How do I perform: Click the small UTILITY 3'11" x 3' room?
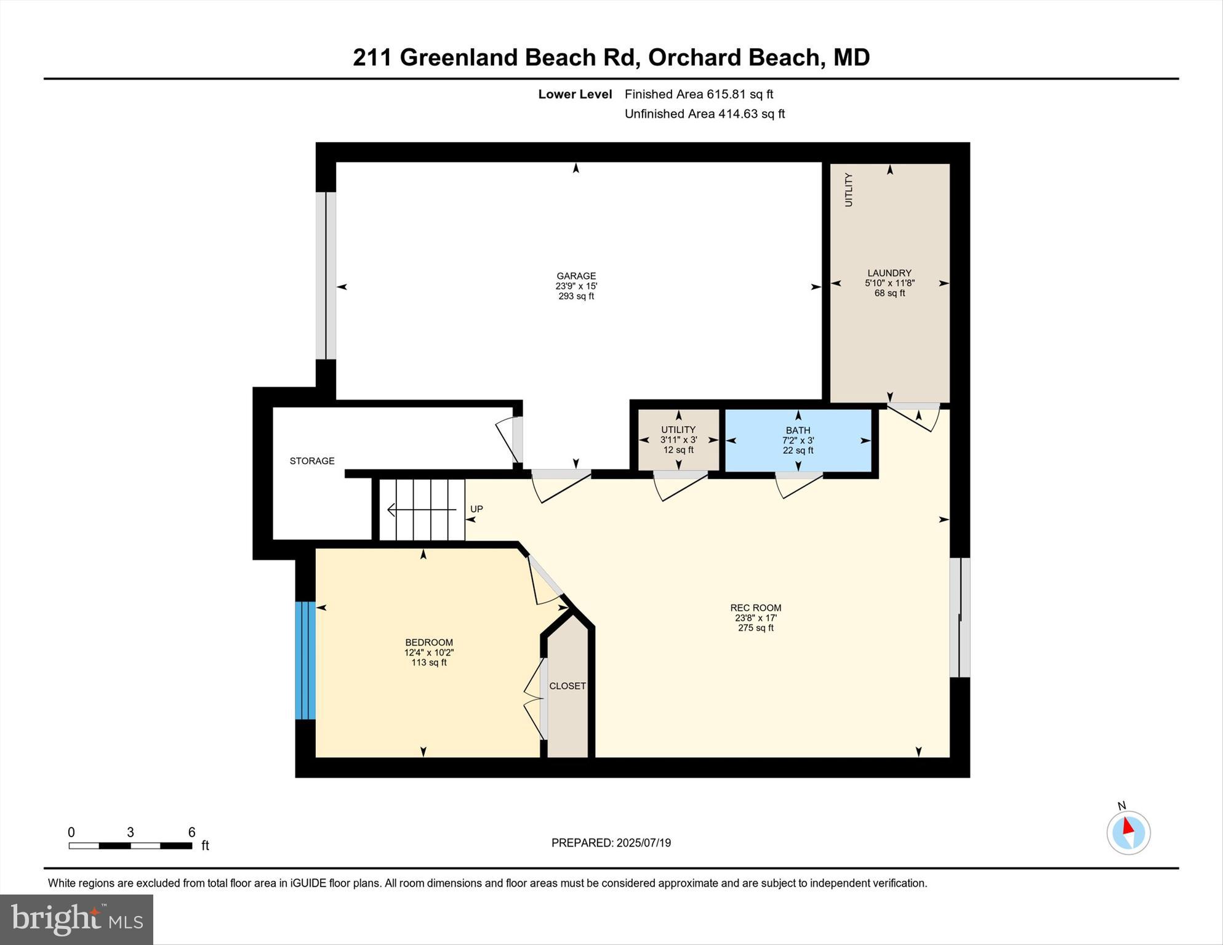(x=678, y=440)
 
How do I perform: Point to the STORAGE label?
(x=312, y=460)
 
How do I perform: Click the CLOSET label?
(x=567, y=686)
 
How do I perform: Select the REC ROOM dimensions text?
(x=756, y=618)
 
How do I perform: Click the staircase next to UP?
(x=422, y=510)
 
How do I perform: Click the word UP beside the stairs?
(x=476, y=509)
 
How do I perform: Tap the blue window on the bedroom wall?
(x=305, y=660)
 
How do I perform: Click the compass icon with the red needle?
(x=1128, y=832)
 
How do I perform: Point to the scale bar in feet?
(x=130, y=845)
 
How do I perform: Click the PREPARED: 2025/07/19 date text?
(x=611, y=843)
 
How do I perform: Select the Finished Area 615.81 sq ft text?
(x=699, y=94)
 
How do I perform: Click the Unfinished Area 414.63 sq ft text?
(x=704, y=114)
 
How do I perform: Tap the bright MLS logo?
(x=76, y=919)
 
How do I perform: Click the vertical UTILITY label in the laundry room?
(x=849, y=190)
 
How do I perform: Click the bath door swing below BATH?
(x=798, y=485)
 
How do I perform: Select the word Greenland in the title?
(x=459, y=57)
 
